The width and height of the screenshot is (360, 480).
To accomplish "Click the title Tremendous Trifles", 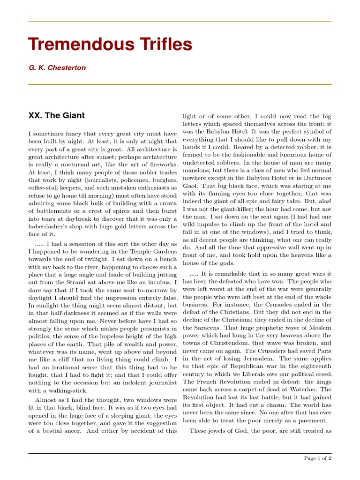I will point(110,45).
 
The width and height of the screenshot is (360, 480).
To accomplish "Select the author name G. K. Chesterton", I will point(57,68).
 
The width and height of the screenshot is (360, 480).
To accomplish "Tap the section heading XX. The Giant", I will point(57,115).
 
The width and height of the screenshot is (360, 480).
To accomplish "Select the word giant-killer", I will point(236,209).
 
